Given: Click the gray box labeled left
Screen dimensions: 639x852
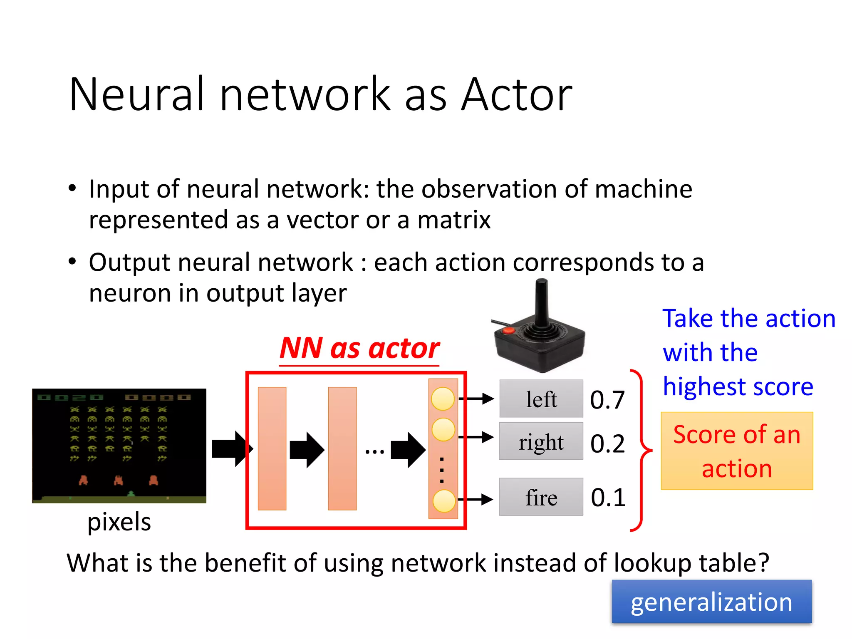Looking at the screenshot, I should pos(541,399).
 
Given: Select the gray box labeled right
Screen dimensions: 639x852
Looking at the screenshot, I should pos(541,441).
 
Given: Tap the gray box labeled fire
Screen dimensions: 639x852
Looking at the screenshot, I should pos(541,497).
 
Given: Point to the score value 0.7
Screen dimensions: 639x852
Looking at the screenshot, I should pos(607,400).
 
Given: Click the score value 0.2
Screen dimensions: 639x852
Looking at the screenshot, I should pos(607,443).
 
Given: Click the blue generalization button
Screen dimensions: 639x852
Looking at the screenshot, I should pos(711,602).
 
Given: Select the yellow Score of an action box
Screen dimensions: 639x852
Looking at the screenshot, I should pos(737,451).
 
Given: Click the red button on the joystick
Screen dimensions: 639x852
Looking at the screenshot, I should pos(508,331).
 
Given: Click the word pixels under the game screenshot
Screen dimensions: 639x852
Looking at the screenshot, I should pos(119,522).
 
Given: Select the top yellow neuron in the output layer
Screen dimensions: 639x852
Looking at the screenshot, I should pos(443,399).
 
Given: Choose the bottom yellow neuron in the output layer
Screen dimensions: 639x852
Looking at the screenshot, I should pos(444,501).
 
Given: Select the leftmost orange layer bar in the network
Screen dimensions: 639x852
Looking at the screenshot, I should pos(272,448).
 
